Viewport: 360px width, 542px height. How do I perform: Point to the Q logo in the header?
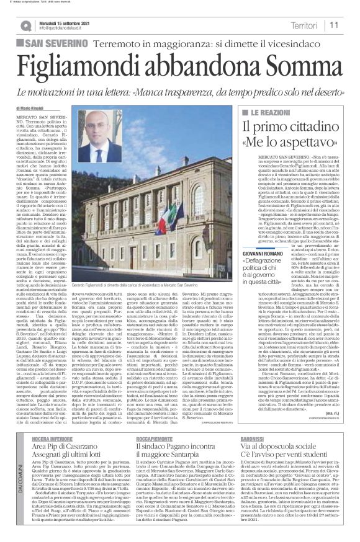pos(25,25)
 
